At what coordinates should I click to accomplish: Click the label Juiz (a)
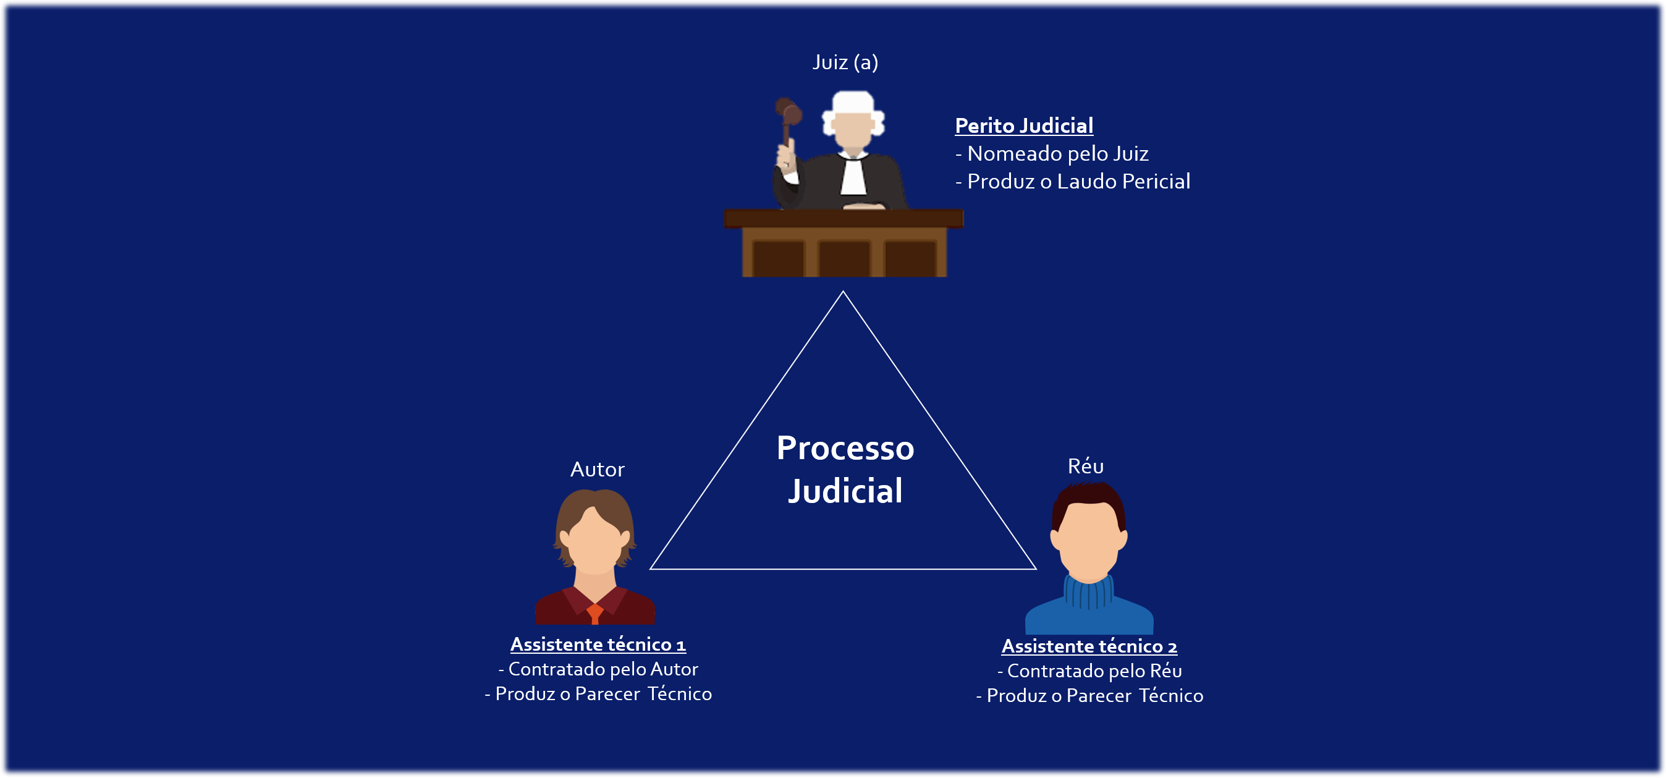coord(845,63)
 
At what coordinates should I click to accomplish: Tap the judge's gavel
coord(789,114)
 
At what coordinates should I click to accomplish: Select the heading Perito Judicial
coord(1024,125)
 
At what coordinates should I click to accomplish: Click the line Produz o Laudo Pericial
coord(1072,182)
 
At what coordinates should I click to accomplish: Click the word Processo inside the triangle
coord(845,448)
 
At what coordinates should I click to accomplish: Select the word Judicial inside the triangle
coord(845,491)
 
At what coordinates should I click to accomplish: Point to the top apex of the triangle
coord(843,293)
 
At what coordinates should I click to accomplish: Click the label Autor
coord(597,470)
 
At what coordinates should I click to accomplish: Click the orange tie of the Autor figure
coord(595,612)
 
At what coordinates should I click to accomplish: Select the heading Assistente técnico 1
coord(598,644)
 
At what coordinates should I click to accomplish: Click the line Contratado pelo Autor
coord(598,669)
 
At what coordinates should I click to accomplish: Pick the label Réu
coord(1085,467)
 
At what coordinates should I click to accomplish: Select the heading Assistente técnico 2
coord(1089,646)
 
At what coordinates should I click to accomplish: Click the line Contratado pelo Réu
coord(1089,671)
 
